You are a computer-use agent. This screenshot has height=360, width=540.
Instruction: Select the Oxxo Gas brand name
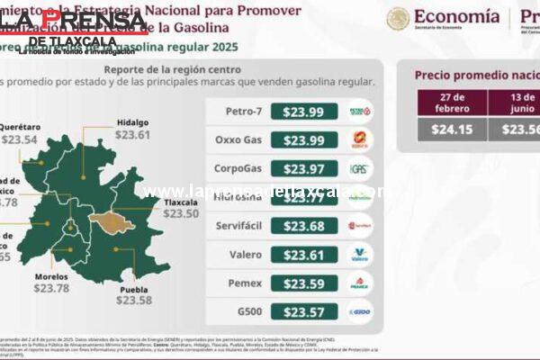238,140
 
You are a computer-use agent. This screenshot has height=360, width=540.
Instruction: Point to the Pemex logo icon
359,283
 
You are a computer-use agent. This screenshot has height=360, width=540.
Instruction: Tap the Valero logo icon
359,255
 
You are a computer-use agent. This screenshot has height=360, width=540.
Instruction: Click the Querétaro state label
20,127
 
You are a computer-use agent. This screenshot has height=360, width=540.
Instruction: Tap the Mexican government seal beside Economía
398,18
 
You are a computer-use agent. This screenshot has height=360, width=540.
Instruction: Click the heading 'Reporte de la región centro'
172,69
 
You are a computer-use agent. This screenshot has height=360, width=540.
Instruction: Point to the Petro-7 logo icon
359,112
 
